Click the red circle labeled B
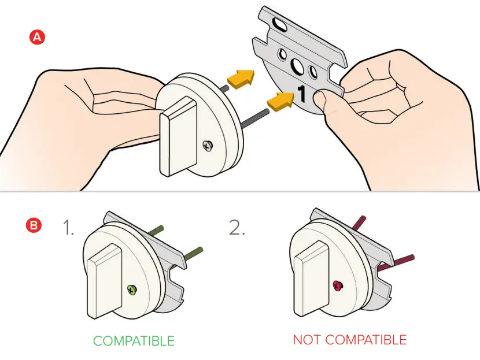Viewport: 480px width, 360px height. click(x=34, y=225)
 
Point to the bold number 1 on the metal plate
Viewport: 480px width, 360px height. click(x=302, y=92)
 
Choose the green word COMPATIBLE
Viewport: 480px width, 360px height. click(x=134, y=341)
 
